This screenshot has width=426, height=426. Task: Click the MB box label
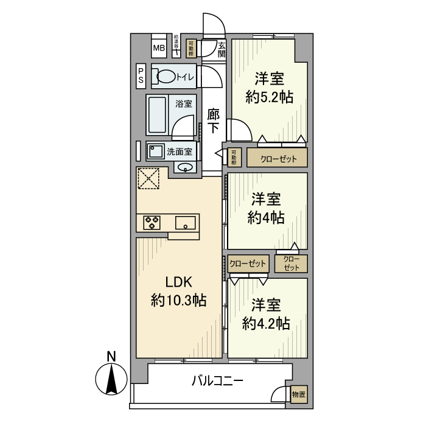(x=158, y=48)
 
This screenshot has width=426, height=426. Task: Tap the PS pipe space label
(x=141, y=75)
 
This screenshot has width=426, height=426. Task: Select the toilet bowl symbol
(x=166, y=77)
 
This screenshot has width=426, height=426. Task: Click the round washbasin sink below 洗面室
(x=186, y=168)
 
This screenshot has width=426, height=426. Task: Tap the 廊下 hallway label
(x=213, y=120)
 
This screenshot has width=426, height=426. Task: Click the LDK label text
(x=179, y=282)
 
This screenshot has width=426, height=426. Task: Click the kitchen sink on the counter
(x=186, y=223)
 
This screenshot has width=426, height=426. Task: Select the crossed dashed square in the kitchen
(x=148, y=178)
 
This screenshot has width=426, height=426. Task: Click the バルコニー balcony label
(x=217, y=382)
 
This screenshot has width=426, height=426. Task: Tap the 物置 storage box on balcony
(x=299, y=394)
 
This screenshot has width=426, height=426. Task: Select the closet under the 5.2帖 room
(x=276, y=158)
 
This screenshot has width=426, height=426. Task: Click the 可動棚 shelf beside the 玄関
(x=192, y=47)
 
